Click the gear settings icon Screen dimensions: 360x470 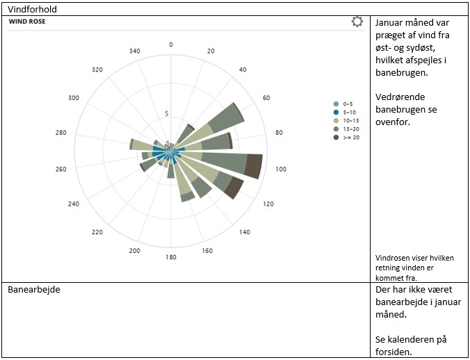(x=357, y=22)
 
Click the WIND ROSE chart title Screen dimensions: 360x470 (x=28, y=22)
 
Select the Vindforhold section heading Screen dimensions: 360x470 (x=32, y=9)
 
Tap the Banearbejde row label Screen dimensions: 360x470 (x=33, y=289)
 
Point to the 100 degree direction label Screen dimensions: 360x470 (x=281, y=169)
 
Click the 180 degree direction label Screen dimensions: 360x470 (x=171, y=258)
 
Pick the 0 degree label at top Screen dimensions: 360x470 (x=171, y=44)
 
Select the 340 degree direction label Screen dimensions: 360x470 (x=135, y=51)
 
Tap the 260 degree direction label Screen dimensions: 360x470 (x=61, y=169)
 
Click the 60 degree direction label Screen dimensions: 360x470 (x=266, y=98)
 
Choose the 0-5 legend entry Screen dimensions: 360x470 (x=347, y=104)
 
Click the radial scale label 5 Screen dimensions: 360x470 (x=166, y=114)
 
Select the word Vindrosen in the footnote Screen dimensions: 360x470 (x=393, y=258)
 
